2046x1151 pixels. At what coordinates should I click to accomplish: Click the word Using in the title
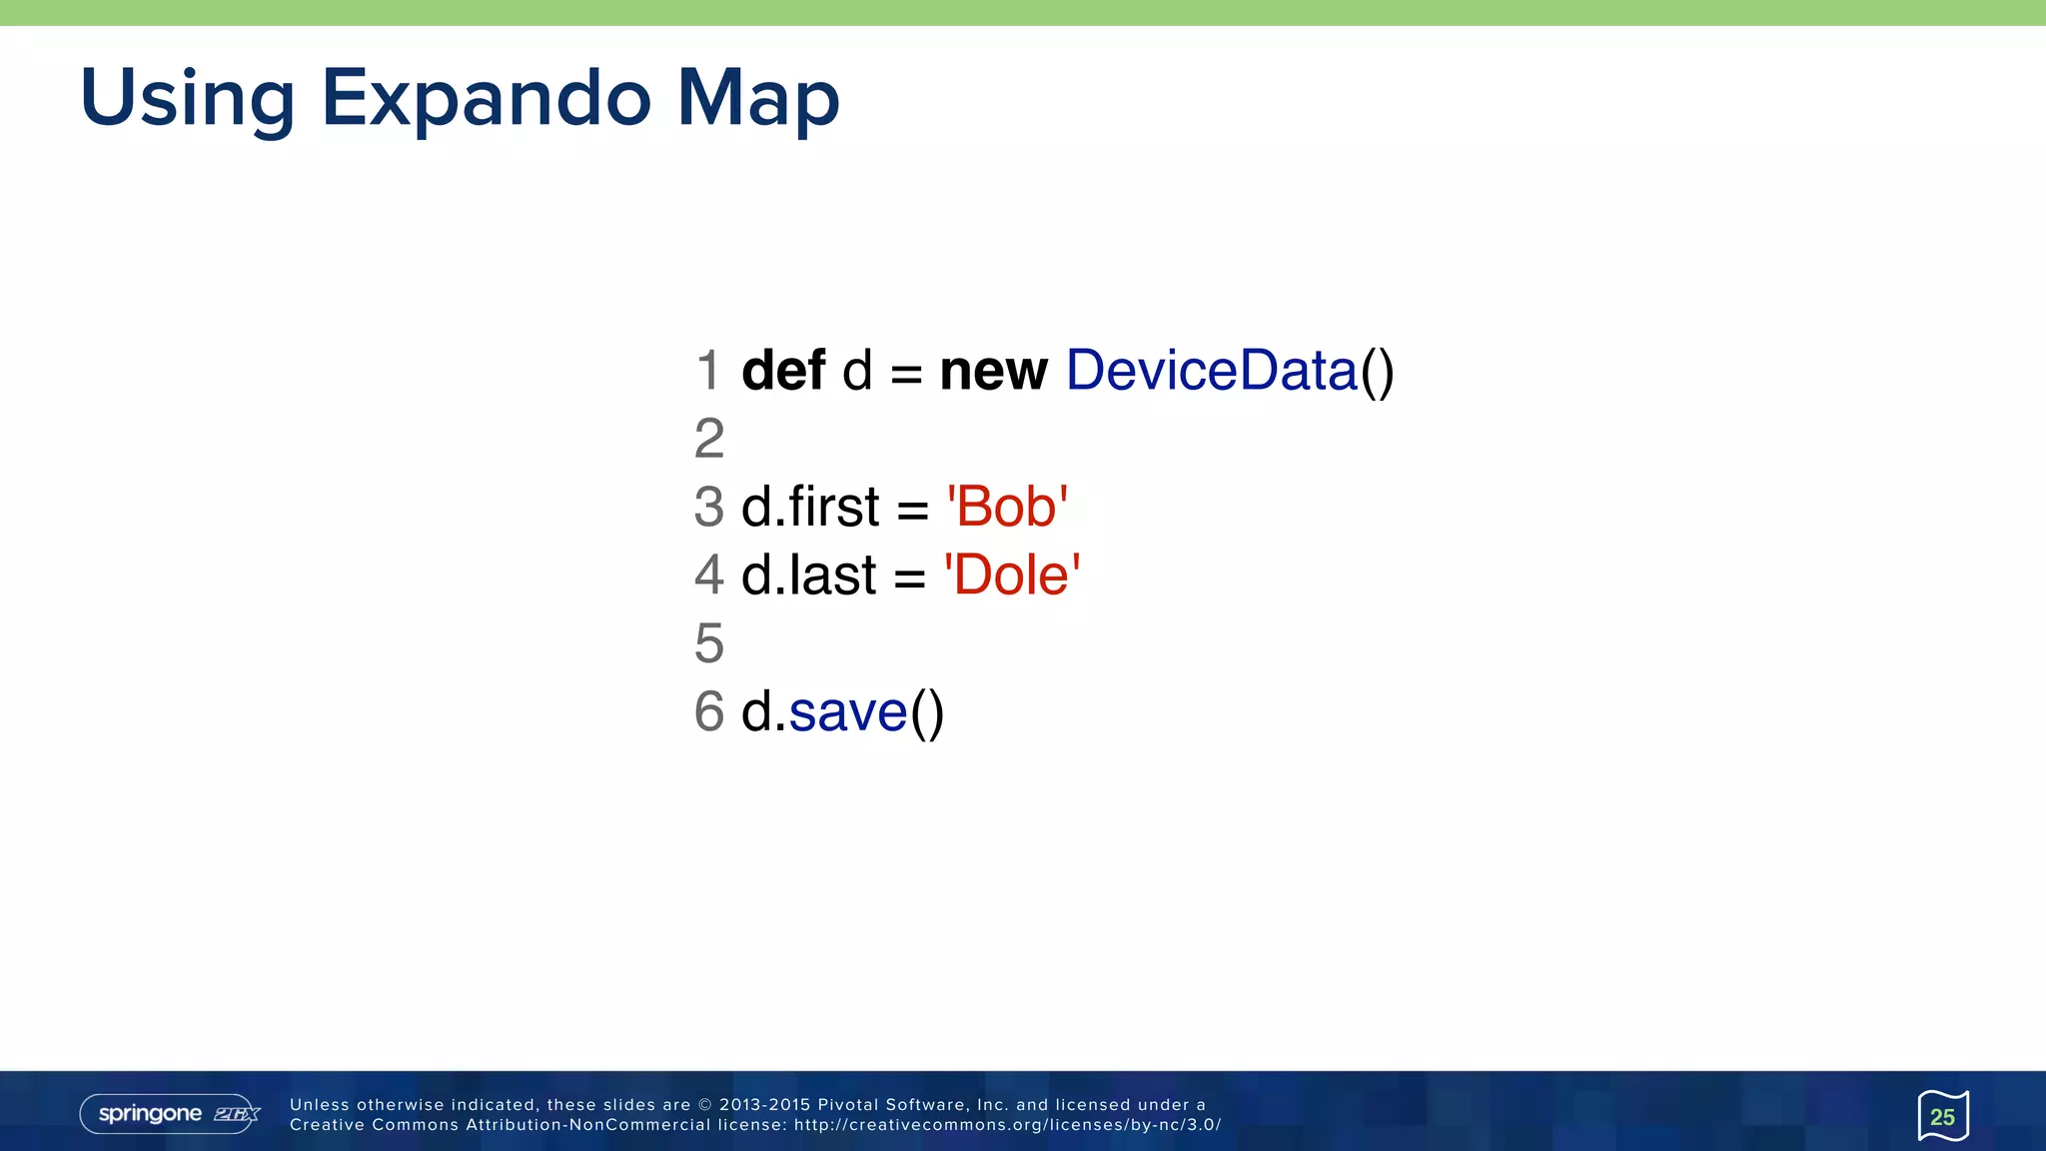[x=187, y=99]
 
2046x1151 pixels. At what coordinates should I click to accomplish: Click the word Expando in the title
[x=487, y=99]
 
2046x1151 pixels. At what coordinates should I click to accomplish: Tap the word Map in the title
[x=757, y=99]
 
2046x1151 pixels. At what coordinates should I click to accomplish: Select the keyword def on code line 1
[x=783, y=371]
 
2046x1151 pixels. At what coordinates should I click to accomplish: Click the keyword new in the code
[x=993, y=371]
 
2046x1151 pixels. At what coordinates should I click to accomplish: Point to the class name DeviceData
[x=1212, y=371]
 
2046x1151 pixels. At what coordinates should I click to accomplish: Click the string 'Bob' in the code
[x=1006, y=507]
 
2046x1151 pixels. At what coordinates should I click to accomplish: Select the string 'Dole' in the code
[x=1011, y=575]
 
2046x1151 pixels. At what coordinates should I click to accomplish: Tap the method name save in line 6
[x=848, y=712]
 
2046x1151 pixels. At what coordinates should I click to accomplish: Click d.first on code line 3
[x=810, y=507]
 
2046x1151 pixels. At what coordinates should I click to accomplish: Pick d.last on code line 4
[x=808, y=575]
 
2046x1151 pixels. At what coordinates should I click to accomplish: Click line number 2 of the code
[x=709, y=439]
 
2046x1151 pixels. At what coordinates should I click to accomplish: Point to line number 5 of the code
[x=709, y=643]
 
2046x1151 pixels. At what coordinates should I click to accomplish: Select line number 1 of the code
[x=709, y=371]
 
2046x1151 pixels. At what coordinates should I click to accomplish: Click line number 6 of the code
[x=709, y=712]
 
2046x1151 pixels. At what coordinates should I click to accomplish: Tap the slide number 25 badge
[x=1942, y=1116]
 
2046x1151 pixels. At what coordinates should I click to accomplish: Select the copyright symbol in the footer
[x=705, y=1105]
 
